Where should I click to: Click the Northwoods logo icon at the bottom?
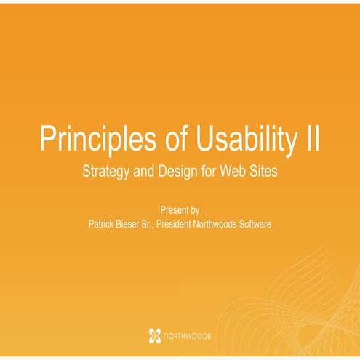(x=154, y=335)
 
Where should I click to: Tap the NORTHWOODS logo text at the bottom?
(x=188, y=336)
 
